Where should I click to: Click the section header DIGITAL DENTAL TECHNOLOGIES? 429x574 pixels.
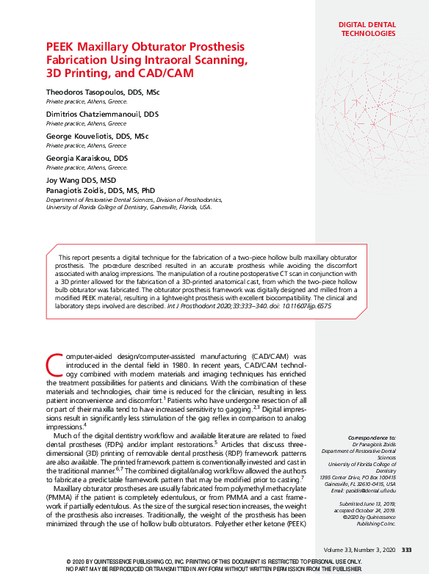point(367,29)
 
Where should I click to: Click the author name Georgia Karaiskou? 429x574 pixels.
point(79,158)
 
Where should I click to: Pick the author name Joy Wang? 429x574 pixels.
point(64,180)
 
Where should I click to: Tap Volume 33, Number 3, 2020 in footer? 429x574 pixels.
point(359,550)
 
